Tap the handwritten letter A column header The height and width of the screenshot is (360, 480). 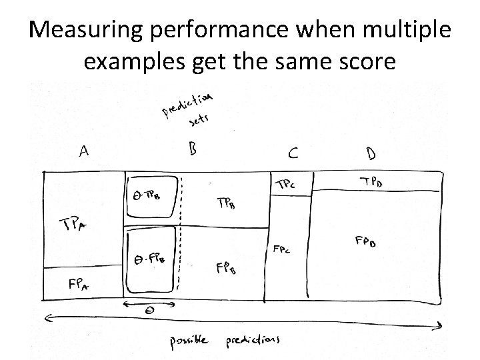[x=85, y=151]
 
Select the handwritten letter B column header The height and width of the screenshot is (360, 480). [x=193, y=148]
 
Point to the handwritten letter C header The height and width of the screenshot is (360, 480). [x=293, y=153]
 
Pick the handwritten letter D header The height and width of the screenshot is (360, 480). [x=371, y=153]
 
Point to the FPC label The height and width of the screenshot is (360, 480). [x=281, y=249]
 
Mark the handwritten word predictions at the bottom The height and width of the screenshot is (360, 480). [x=253, y=339]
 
